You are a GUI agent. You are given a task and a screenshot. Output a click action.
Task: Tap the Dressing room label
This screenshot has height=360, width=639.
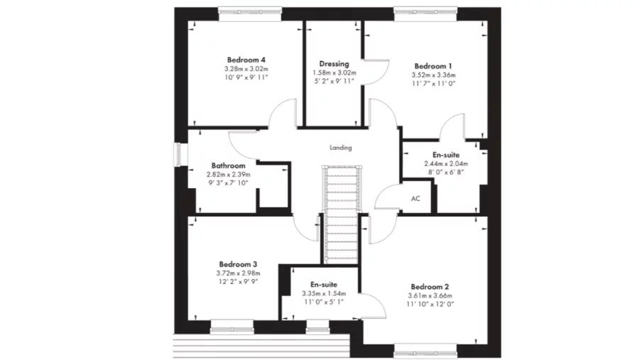point(334,64)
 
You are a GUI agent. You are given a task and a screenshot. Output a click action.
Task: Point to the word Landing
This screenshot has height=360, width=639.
point(341,148)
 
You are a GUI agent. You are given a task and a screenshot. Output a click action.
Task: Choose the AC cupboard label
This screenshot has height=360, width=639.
point(415,199)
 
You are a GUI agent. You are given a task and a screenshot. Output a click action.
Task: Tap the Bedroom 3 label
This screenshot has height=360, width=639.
point(238,263)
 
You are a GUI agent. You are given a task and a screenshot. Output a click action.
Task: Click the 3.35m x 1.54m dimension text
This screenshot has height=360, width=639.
point(322,293)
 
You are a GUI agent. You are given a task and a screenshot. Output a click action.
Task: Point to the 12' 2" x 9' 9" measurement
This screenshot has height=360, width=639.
point(238,281)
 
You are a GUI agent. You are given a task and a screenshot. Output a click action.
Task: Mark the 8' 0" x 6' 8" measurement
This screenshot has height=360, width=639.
point(446,172)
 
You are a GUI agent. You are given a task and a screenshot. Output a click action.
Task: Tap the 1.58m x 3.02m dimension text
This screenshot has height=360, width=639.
point(334,72)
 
